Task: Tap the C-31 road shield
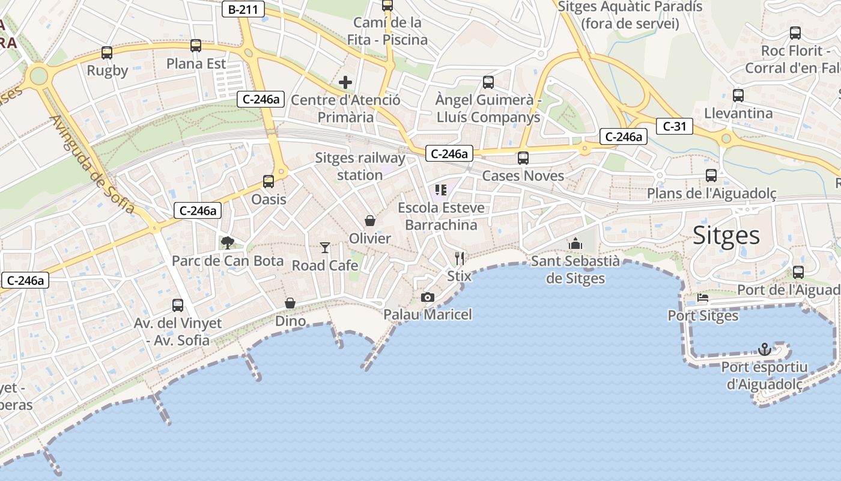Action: pyautogui.click(x=674, y=126)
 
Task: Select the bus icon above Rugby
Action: pyautogui.click(x=107, y=53)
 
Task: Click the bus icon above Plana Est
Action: pyautogui.click(x=196, y=46)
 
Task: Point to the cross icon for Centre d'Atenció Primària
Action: pyautogui.click(x=345, y=82)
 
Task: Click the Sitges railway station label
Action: pyautogui.click(x=360, y=167)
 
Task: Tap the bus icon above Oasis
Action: pyautogui.click(x=269, y=181)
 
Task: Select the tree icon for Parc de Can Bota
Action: pyautogui.click(x=227, y=242)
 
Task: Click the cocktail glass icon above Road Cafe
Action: pyautogui.click(x=325, y=247)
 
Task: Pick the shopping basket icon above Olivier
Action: pyautogui.click(x=370, y=221)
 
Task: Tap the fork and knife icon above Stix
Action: pyautogui.click(x=460, y=259)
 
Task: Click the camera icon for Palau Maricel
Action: pyautogui.click(x=428, y=297)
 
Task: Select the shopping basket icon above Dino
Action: pyautogui.click(x=290, y=303)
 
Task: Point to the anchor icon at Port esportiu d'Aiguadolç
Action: pyautogui.click(x=764, y=349)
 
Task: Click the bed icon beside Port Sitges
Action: pyautogui.click(x=703, y=298)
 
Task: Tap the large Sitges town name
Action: pyautogui.click(x=726, y=235)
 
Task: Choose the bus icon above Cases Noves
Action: pyautogui.click(x=523, y=158)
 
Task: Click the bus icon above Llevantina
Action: pyautogui.click(x=738, y=95)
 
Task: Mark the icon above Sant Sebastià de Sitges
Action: pyautogui.click(x=575, y=244)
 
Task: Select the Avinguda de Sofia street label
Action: pyautogui.click(x=93, y=164)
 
